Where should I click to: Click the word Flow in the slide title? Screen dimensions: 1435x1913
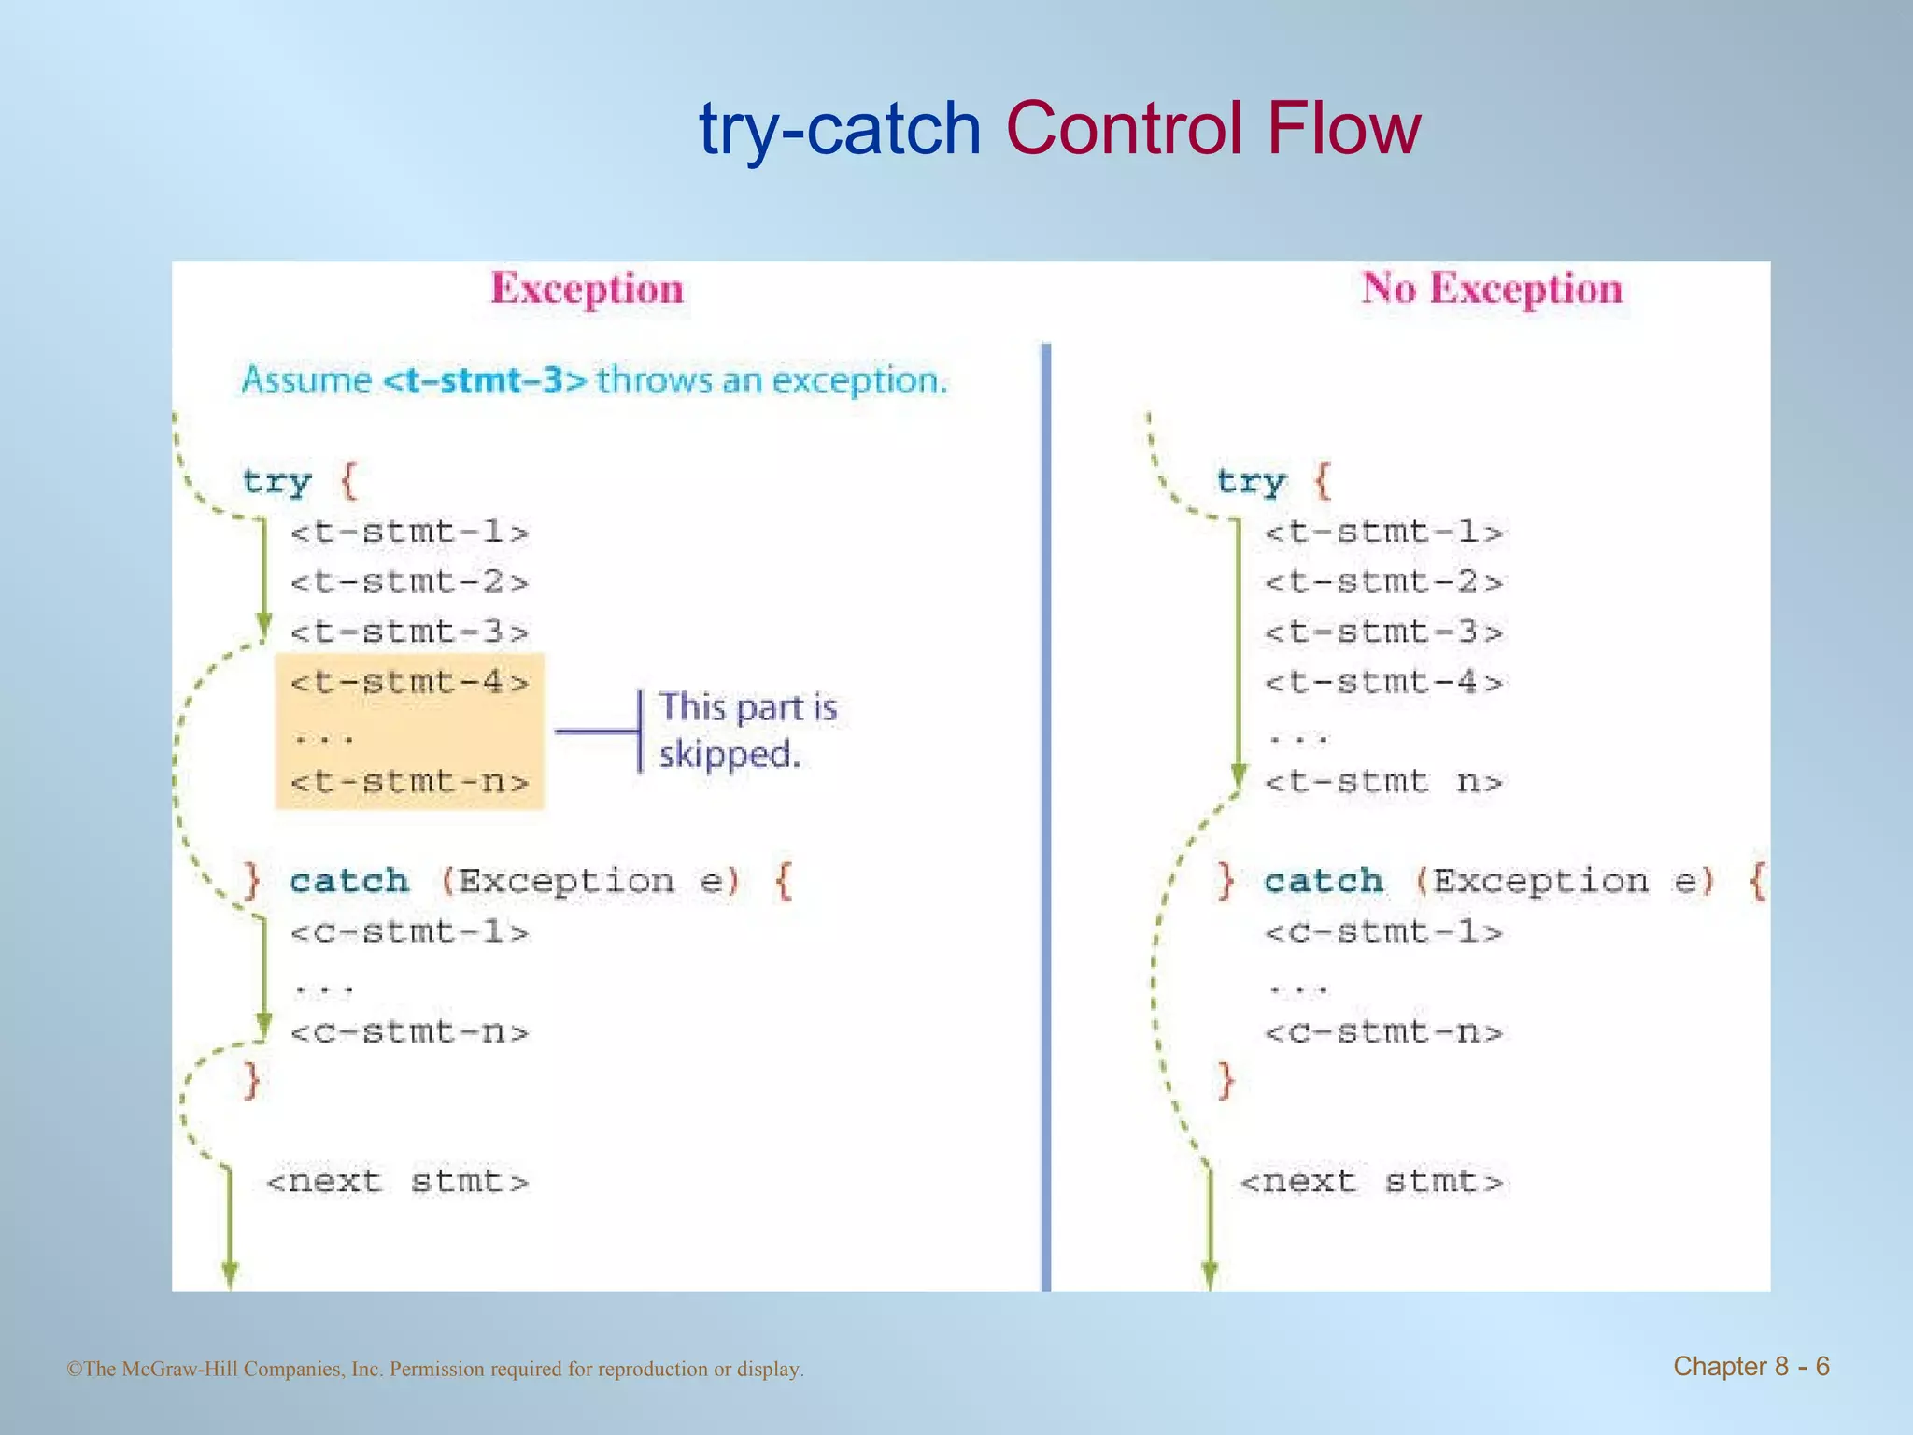1343,128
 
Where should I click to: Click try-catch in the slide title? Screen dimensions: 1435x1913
840,130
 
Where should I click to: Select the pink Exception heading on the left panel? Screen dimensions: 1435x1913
588,288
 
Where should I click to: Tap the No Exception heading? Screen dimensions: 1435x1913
1492,288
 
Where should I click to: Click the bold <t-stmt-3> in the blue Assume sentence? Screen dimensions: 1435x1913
485,381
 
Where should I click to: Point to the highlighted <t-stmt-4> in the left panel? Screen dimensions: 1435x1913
409,682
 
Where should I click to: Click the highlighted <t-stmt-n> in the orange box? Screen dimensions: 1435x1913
409,781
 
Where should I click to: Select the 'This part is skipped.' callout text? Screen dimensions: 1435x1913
747,731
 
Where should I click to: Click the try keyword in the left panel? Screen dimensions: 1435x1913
276,482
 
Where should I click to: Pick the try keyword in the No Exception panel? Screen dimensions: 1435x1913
1251,482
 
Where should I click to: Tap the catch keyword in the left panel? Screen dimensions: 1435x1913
348,881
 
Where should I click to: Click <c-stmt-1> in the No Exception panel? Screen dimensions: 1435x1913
1383,931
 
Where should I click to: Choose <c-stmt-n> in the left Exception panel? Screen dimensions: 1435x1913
409,1032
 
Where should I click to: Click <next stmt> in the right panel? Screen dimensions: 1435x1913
1371,1182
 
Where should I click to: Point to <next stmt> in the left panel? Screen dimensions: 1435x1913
397,1182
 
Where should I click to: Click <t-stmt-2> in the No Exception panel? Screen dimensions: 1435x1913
1383,582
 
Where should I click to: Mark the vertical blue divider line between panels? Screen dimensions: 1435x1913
1046,813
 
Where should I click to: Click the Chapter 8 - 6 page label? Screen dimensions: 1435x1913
1750,1367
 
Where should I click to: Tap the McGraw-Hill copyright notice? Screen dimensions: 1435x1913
435,1370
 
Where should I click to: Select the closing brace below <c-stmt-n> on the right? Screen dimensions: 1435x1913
1226,1081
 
